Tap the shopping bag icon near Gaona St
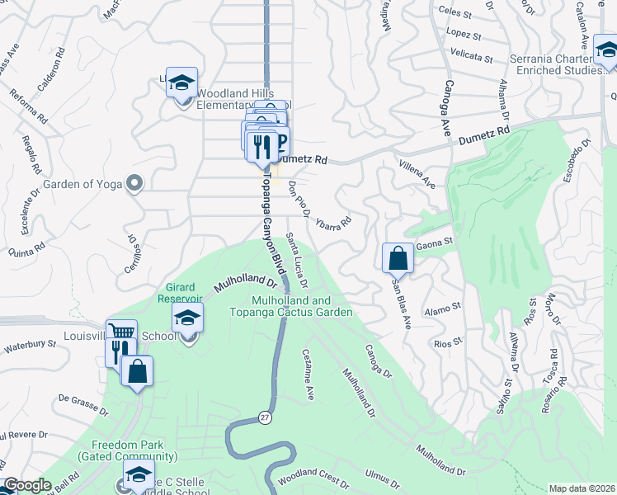[x=398, y=257]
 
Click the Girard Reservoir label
[x=180, y=292]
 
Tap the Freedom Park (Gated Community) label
[x=128, y=450]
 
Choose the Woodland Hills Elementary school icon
[x=181, y=82]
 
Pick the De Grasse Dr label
[x=79, y=403]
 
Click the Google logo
[x=27, y=486]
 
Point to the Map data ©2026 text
[x=582, y=488]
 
